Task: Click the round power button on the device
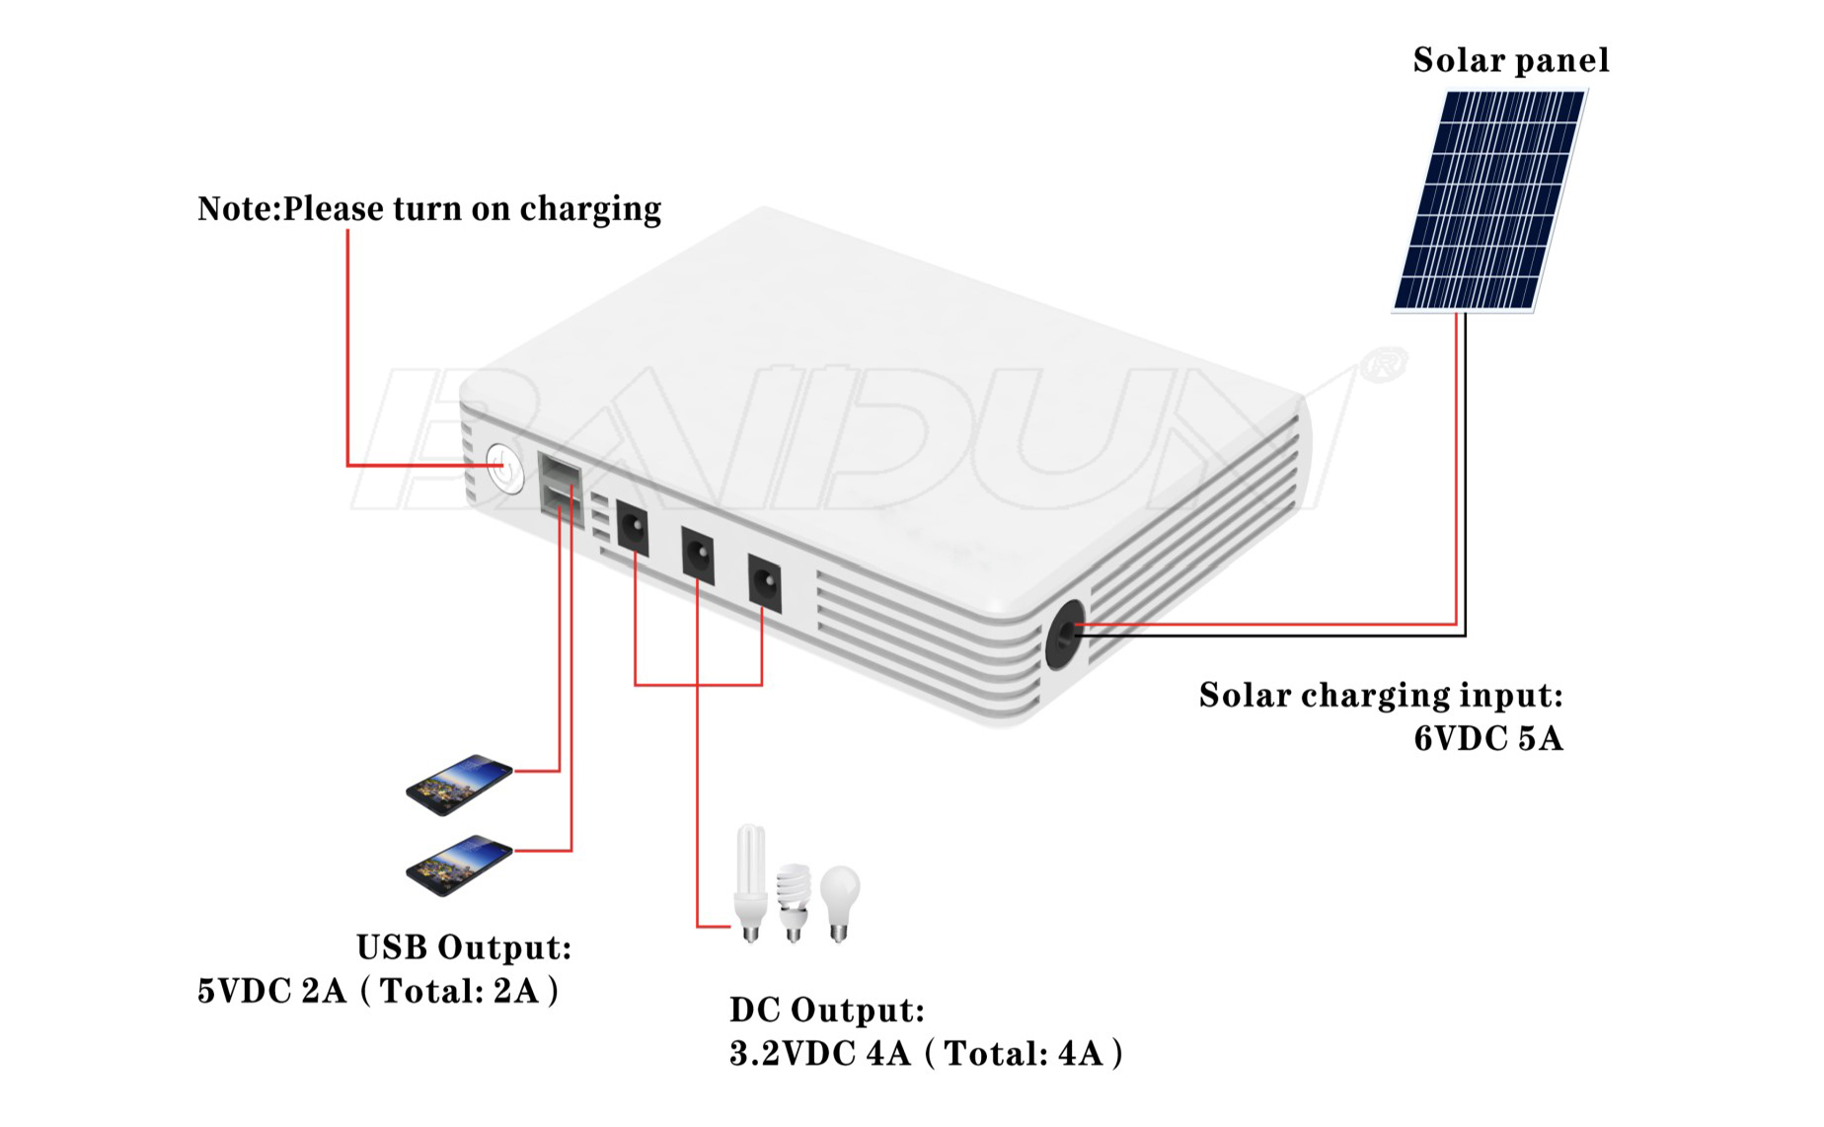click(504, 468)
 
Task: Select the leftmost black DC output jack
click(633, 527)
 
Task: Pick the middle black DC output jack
click(698, 554)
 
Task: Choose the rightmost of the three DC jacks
click(764, 582)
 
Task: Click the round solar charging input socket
click(1065, 634)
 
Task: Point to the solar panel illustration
click(1489, 201)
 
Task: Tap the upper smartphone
click(460, 785)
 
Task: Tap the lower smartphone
click(460, 865)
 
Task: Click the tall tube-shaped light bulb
click(750, 883)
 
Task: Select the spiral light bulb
click(794, 902)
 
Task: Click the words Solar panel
click(1511, 61)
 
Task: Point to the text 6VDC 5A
click(1488, 738)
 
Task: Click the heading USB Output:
click(464, 947)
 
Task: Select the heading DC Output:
click(827, 1011)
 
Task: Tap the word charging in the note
click(590, 210)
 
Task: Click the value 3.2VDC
click(793, 1054)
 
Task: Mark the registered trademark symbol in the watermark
click(1384, 364)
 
